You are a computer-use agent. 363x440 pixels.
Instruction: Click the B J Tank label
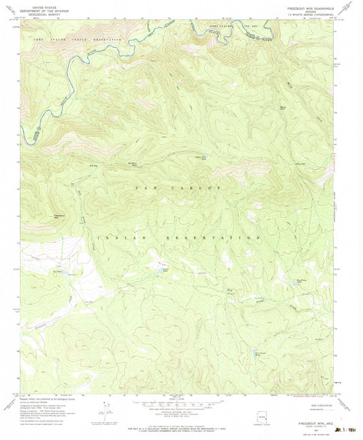click(x=57, y=270)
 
